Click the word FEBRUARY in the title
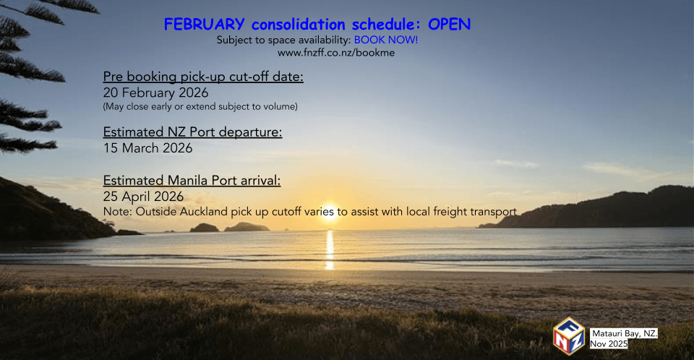click(204, 25)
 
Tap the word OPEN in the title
click(449, 25)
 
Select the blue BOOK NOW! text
click(386, 40)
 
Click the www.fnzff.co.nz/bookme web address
click(336, 53)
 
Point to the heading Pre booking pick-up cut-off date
click(203, 77)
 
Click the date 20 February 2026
click(156, 93)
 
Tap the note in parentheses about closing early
click(200, 107)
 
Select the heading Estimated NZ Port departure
click(192, 132)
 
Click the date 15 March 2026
click(147, 148)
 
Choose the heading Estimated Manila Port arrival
click(192, 181)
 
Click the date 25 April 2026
click(143, 196)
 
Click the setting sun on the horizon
click(330, 214)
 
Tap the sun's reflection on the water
click(330, 249)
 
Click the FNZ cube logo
click(569, 336)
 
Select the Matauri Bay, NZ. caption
click(625, 333)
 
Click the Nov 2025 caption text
click(609, 343)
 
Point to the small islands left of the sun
click(229, 227)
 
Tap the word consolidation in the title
click(299, 25)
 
